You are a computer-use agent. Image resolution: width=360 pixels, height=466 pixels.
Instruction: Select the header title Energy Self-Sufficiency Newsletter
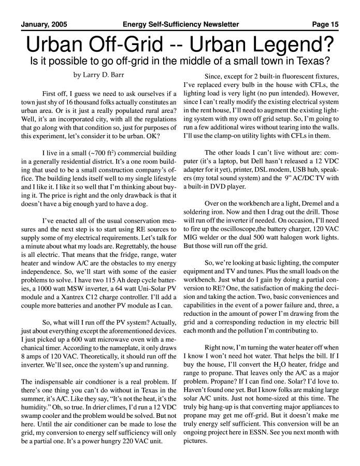(181, 24)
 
